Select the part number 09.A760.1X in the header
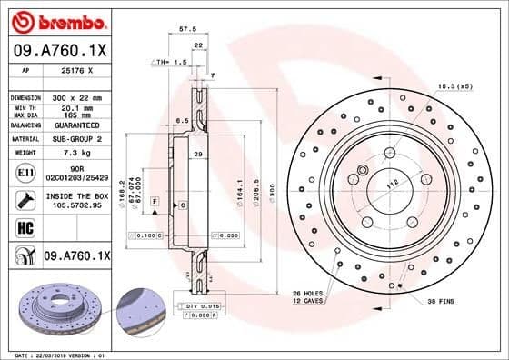coord(59,52)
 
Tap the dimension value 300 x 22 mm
coord(75,96)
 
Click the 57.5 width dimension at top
coord(188,29)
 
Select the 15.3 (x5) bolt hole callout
coord(454,86)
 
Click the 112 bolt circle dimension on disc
coord(393,185)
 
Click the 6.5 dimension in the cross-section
coord(183,120)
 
